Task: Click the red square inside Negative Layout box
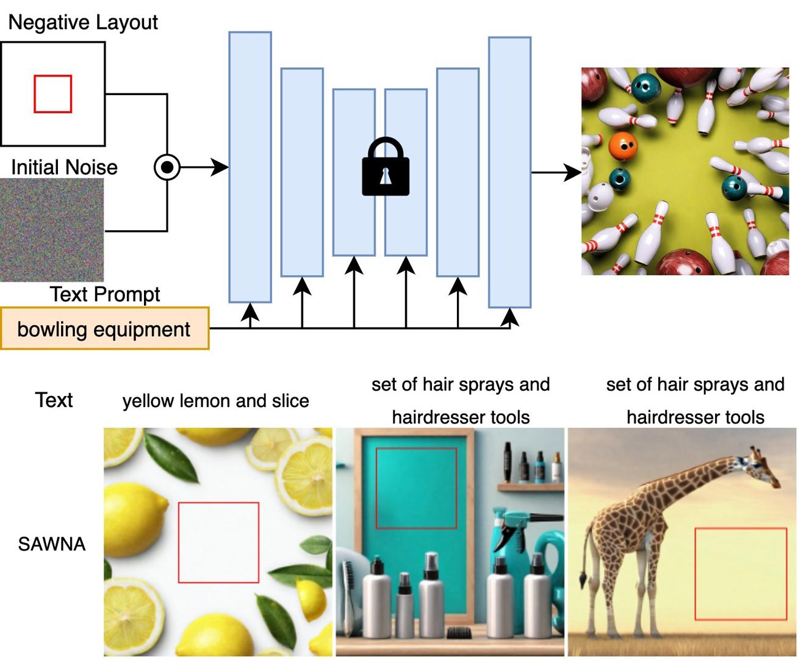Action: pyautogui.click(x=52, y=94)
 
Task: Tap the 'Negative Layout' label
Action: pyautogui.click(x=83, y=23)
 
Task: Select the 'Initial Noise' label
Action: pyautogui.click(x=64, y=167)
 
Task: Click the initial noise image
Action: pyautogui.click(x=52, y=229)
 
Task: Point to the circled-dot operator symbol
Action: pyautogui.click(x=167, y=167)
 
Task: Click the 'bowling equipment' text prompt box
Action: pyautogui.click(x=104, y=329)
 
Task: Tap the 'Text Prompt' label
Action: pyautogui.click(x=105, y=294)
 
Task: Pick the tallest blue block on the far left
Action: pyautogui.click(x=250, y=167)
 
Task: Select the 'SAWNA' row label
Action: pyautogui.click(x=52, y=544)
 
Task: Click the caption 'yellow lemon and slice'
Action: pyautogui.click(x=215, y=401)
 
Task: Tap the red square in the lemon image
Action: pyautogui.click(x=218, y=542)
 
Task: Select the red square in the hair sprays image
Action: pyautogui.click(x=416, y=488)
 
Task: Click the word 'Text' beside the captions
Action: pyautogui.click(x=54, y=400)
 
